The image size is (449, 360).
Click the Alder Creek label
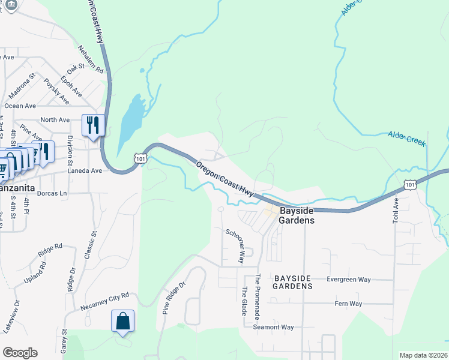coord(406,139)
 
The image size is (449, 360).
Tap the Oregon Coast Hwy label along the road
coord(224,177)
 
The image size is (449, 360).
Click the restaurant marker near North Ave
coord(93,125)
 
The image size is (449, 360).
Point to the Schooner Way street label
coord(235,246)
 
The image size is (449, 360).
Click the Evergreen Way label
coord(348,280)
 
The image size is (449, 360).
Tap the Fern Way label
coord(348,304)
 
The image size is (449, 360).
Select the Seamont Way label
coord(273,327)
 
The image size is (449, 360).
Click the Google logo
coord(20,353)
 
